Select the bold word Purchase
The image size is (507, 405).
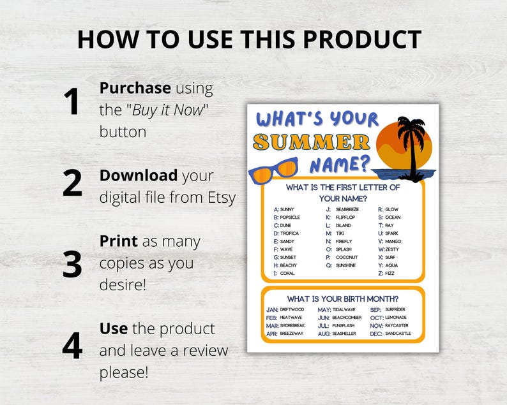[135, 89]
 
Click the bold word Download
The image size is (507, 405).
[139, 175]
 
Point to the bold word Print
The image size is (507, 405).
[118, 242]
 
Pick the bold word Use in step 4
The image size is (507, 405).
[114, 328]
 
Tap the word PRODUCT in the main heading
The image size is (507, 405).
[361, 40]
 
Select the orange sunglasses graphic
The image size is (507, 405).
[273, 170]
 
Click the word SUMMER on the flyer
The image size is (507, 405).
[312, 142]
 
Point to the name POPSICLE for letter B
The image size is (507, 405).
[290, 217]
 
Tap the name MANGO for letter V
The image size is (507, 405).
[393, 242]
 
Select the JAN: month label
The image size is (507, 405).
[272, 309]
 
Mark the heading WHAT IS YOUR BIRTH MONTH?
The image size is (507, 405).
[343, 298]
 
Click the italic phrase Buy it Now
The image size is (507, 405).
[169, 110]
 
